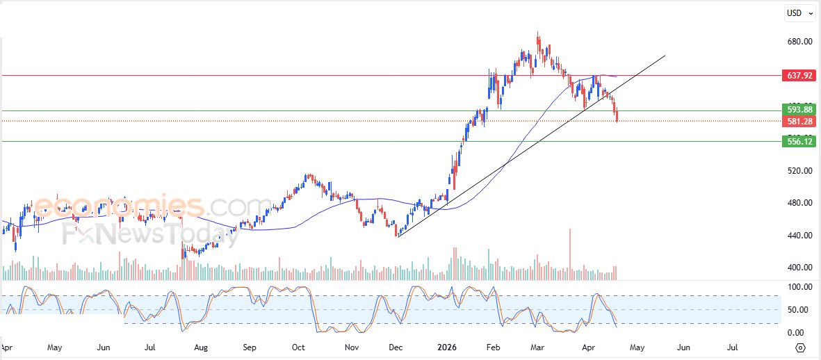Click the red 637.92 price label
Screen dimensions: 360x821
(799, 76)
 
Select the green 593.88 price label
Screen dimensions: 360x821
(799, 110)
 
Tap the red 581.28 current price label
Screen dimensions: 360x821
(799, 122)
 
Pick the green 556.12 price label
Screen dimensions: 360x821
(799, 141)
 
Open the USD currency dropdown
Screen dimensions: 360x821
(799, 13)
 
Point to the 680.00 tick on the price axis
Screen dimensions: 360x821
(799, 42)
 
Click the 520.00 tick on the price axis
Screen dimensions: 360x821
(799, 171)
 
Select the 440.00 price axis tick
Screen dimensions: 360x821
(799, 236)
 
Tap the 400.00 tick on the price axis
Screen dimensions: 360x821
(799, 268)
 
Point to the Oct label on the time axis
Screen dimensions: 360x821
(298, 346)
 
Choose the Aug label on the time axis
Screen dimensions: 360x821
(201, 346)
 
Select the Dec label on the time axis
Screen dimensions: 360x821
(396, 346)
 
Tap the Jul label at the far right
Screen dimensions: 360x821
(732, 346)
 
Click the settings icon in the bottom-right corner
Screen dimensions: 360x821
(801, 347)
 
